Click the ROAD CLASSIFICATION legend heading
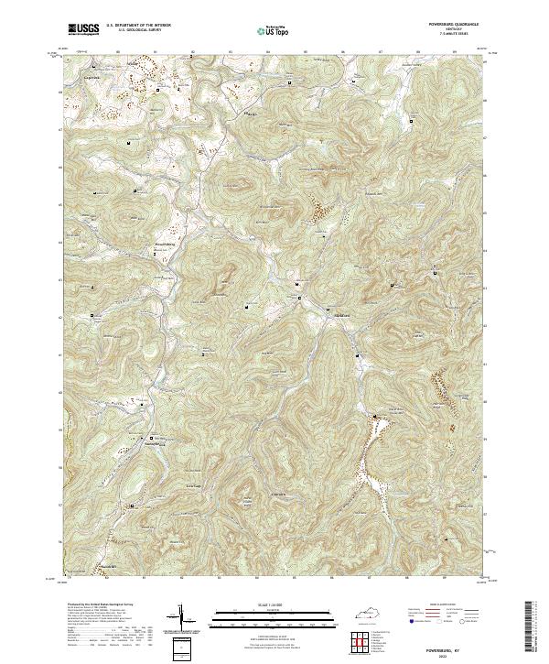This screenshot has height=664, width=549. coord(443,605)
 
